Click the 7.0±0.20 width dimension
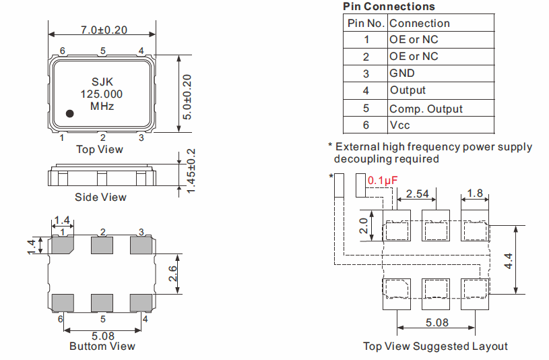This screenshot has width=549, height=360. [x=104, y=30]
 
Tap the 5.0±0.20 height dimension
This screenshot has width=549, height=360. [x=188, y=97]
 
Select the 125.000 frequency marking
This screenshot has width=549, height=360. [x=102, y=94]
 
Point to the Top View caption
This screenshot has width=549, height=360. [x=100, y=149]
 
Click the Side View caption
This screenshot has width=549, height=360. [x=100, y=197]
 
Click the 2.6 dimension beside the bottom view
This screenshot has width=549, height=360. [x=172, y=273]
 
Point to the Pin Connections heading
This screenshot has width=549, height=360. [x=389, y=7]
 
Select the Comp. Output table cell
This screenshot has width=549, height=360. [x=426, y=109]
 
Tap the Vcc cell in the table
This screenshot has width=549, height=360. [x=399, y=125]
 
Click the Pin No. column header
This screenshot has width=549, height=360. [x=366, y=24]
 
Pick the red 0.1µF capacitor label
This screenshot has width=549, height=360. [x=383, y=181]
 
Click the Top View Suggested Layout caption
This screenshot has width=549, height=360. [x=435, y=346]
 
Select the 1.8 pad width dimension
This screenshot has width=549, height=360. [x=475, y=194]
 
